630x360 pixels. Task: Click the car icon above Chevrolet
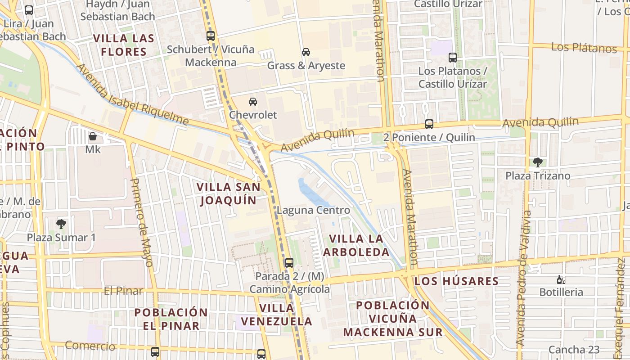[x=253, y=102]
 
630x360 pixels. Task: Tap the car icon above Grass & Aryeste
[x=306, y=52]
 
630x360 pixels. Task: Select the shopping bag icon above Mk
[x=93, y=136]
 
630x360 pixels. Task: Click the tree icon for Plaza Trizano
[x=537, y=162]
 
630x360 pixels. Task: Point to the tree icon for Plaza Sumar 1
[x=61, y=224]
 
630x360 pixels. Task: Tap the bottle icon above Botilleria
[x=561, y=279]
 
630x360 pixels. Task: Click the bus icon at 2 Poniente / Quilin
[x=429, y=124]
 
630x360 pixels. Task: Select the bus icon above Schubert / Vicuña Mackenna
[x=211, y=36]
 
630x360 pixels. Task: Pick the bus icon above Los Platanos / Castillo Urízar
[x=453, y=58]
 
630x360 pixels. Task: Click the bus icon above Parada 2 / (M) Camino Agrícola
[x=289, y=262]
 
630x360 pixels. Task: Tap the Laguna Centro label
[x=313, y=210]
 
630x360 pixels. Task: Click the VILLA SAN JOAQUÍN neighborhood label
[x=229, y=193]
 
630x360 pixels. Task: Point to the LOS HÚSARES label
[x=456, y=282]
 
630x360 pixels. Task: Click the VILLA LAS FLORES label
[x=124, y=45]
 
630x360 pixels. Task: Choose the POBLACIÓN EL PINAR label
[x=171, y=319]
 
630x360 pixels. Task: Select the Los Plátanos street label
[x=584, y=47]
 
